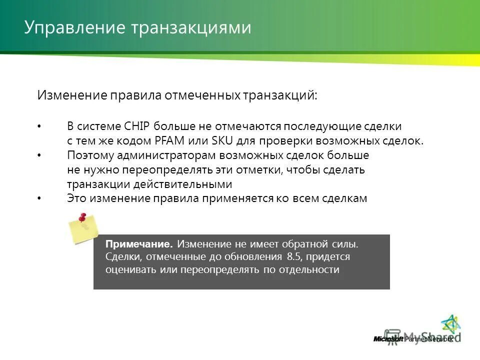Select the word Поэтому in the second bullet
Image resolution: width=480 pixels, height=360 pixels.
88,155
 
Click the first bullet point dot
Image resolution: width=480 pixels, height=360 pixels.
39,126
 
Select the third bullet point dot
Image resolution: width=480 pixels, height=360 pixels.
39,198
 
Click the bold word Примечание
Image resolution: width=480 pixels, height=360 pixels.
139,244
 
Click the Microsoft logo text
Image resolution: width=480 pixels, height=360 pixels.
388,339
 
